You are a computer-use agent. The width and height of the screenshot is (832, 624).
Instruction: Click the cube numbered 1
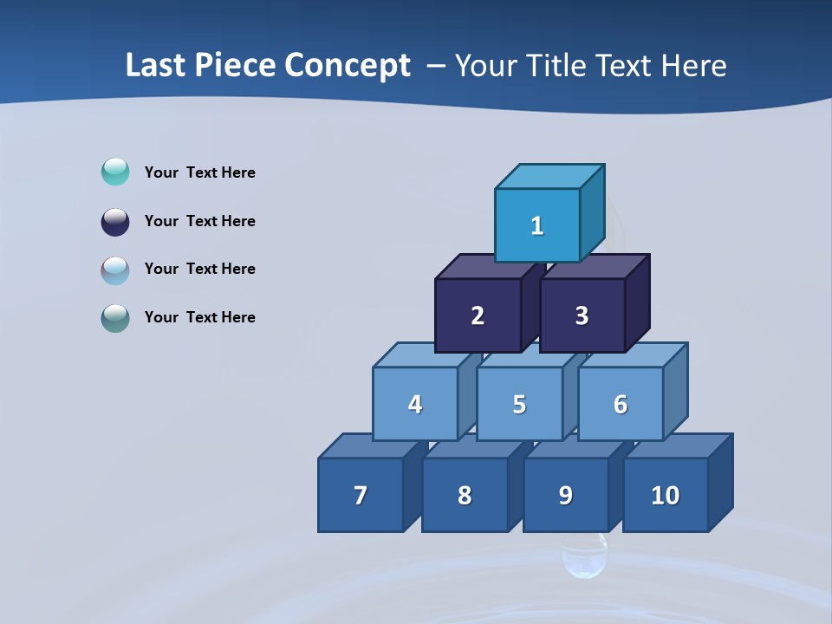537,225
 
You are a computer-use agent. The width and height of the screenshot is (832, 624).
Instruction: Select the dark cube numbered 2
478,315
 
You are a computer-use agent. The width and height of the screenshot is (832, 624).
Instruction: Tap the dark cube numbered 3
582,315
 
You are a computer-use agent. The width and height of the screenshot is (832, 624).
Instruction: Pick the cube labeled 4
415,404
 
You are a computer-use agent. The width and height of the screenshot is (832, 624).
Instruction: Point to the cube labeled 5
519,404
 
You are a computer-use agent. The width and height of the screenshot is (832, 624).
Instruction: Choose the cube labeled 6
621,404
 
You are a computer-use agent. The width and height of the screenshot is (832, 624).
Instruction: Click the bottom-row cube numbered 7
361,495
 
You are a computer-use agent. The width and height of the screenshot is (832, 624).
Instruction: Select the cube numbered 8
465,495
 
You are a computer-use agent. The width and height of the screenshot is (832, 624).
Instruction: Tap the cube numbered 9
565,495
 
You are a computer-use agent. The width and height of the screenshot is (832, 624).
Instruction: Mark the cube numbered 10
666,495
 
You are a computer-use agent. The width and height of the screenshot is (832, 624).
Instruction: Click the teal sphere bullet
115,172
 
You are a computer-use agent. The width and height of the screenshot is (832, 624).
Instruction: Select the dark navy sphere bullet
115,221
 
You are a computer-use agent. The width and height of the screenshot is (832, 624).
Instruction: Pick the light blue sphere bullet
115,270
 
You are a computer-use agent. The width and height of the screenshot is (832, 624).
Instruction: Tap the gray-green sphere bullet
115,317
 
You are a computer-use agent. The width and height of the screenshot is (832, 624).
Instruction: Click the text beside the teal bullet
200,172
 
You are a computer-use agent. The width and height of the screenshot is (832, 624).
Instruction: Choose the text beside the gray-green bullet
200,317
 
